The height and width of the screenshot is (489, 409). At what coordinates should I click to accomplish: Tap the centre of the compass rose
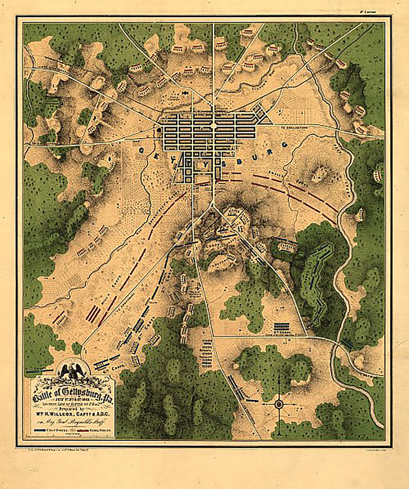coord(279,404)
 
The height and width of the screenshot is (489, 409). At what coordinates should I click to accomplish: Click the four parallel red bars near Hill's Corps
coord(92,313)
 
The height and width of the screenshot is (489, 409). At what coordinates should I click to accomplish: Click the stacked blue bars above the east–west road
coord(282,328)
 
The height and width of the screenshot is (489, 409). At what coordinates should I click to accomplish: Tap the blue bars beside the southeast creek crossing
coord(347,343)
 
